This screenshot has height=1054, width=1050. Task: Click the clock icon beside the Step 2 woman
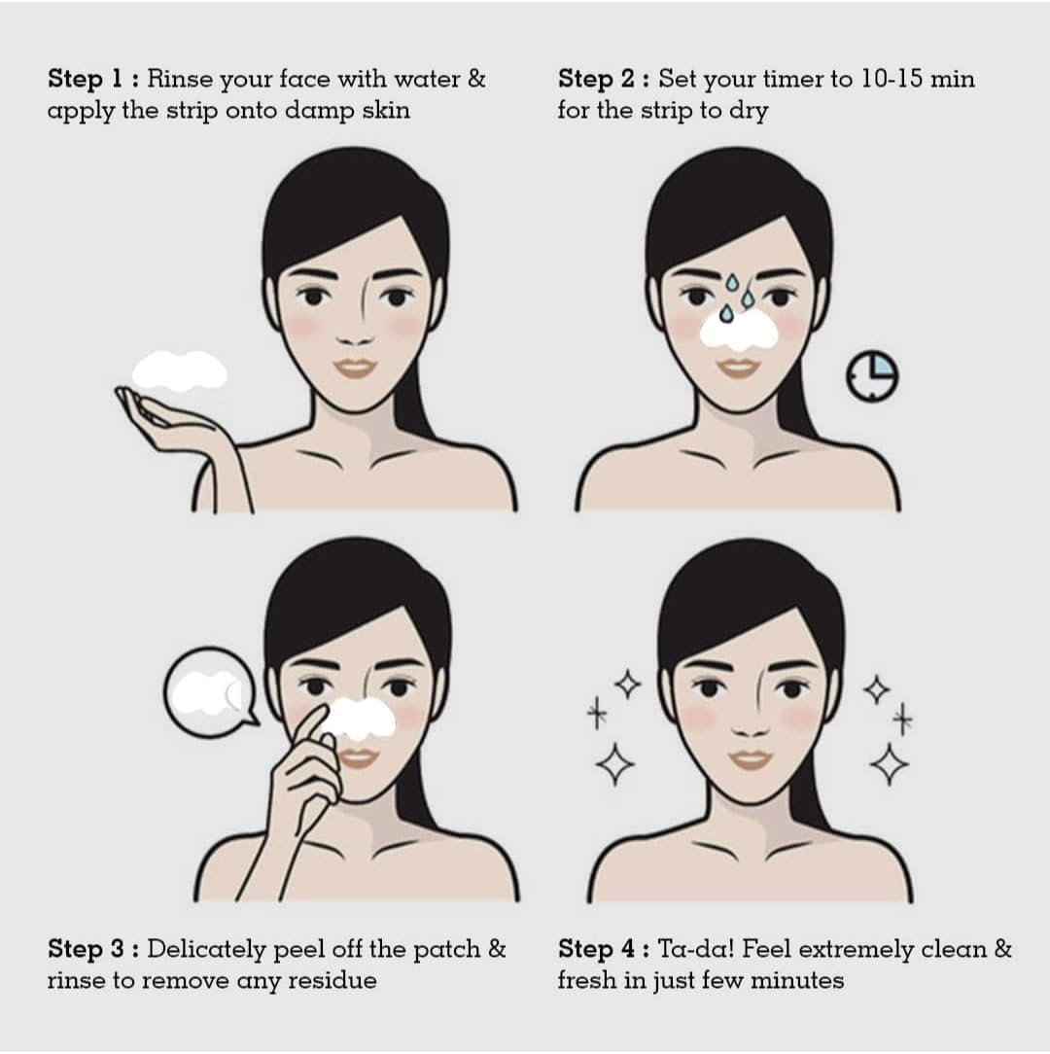tap(872, 375)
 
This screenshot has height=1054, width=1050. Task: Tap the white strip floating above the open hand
tap(180, 370)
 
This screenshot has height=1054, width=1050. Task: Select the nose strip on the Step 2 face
tap(739, 332)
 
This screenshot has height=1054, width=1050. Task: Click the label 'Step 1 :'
tap(93, 79)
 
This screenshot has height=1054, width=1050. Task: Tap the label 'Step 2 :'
tap(604, 79)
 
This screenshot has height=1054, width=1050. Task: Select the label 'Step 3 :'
tap(93, 948)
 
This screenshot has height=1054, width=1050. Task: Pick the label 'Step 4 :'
tap(604, 948)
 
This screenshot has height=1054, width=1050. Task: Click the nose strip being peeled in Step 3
tap(359, 720)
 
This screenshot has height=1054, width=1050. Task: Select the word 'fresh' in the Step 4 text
tap(587, 979)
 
